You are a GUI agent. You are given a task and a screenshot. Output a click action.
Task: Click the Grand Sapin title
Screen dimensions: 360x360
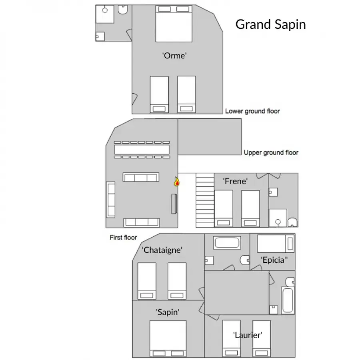point(270,24)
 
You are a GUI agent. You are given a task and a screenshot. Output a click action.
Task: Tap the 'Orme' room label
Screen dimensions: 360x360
point(174,56)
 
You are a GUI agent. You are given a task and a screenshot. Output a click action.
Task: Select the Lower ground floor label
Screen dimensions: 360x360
point(252,111)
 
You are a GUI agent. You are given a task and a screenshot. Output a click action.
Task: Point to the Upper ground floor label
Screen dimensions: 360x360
point(271,152)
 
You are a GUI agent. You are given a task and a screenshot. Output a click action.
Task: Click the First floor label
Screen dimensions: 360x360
point(123,237)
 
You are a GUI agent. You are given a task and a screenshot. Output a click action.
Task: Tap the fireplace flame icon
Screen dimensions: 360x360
point(176,182)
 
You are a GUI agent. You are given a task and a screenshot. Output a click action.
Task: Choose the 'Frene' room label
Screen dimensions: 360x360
point(235,181)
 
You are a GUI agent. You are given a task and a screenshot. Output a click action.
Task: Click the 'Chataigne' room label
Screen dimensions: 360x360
point(162,250)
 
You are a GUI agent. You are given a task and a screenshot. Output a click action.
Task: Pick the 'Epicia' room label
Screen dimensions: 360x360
point(274,260)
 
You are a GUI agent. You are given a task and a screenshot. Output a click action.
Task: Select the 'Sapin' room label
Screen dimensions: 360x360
point(168,312)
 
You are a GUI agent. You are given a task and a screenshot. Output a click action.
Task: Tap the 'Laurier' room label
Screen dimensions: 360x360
point(248,335)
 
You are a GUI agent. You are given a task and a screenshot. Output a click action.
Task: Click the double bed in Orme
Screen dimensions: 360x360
point(174,24)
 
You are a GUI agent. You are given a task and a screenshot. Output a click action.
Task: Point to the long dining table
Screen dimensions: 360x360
point(142,150)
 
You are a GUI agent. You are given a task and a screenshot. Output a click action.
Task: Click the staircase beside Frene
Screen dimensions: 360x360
point(205,200)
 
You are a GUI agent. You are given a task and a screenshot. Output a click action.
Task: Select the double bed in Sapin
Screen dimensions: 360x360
point(168,339)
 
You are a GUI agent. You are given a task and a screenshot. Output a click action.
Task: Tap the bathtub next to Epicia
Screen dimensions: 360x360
point(227,243)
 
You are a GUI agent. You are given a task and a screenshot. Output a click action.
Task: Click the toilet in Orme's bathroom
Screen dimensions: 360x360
point(123,10)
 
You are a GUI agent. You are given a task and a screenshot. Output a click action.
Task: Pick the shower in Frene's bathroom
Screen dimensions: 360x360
point(278,218)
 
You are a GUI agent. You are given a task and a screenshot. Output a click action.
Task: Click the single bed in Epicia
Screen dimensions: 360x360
point(276,244)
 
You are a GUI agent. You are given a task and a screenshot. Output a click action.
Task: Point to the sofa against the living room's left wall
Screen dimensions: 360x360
point(111,200)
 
